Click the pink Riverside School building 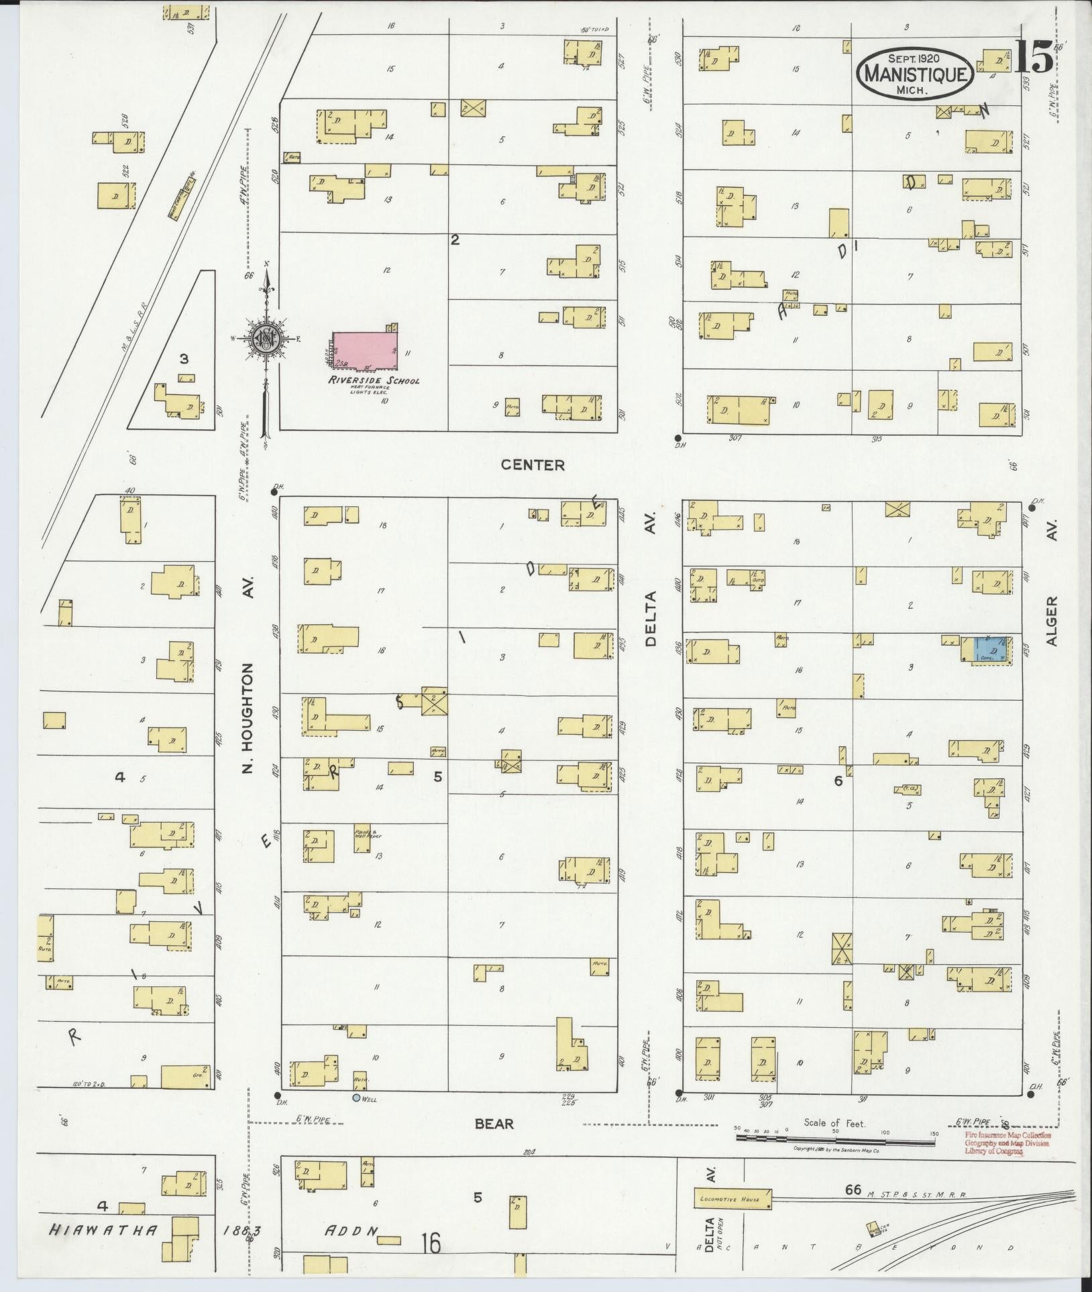pos(366,349)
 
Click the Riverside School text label pos(374,381)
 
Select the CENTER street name pos(534,465)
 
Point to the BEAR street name pos(494,1123)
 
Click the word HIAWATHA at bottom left pos(104,1230)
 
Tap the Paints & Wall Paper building pos(362,838)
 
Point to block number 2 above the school pos(455,239)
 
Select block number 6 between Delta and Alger pos(838,780)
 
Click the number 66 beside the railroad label pos(853,1189)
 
